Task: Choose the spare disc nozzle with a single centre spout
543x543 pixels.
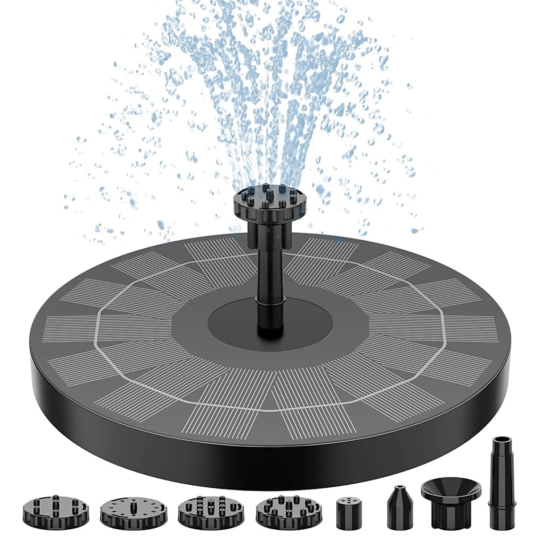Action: click(133, 512)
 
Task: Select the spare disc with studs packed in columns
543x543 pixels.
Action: click(211, 511)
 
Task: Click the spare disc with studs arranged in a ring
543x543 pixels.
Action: click(288, 512)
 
